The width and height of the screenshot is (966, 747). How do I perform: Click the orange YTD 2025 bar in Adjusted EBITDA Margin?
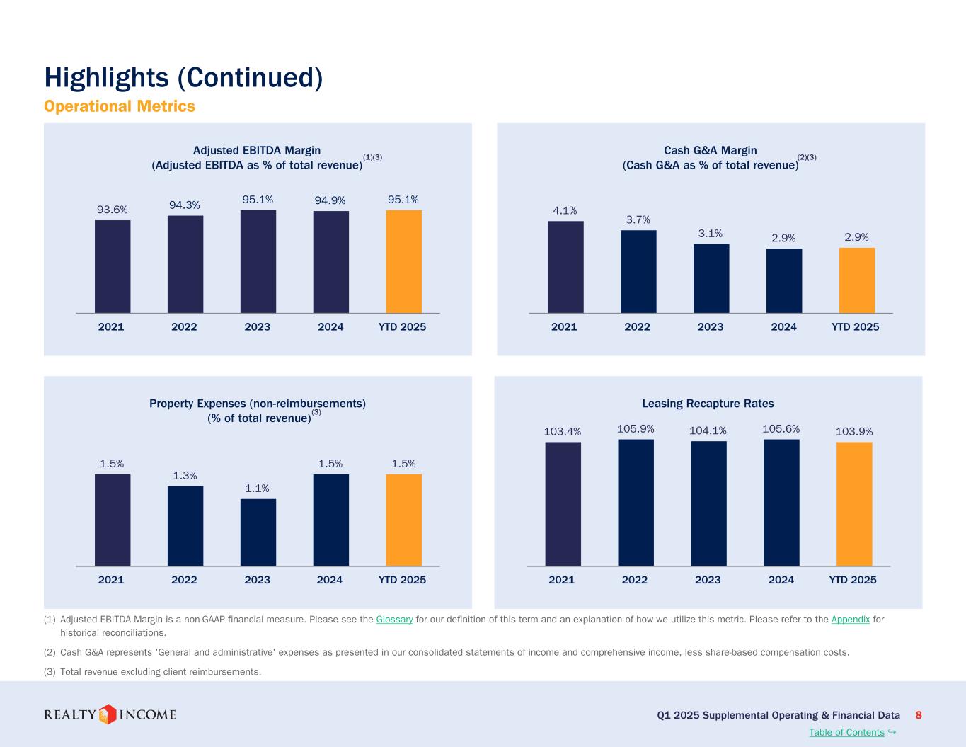(403, 261)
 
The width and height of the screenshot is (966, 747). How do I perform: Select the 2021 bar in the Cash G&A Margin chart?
(565, 267)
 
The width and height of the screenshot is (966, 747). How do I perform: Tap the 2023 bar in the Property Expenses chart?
(258, 532)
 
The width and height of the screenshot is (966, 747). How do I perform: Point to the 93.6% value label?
(113, 210)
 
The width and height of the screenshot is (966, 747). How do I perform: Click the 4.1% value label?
(565, 210)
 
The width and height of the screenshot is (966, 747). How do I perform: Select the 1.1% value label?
(258, 489)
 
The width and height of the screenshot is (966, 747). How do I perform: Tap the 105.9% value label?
(636, 429)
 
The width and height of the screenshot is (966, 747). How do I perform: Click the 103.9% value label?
(854, 431)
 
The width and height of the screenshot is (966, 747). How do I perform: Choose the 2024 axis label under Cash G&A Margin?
(783, 327)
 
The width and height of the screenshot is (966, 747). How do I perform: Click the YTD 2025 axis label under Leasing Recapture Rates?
(852, 580)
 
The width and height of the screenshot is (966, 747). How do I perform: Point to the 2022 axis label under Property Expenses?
(184, 580)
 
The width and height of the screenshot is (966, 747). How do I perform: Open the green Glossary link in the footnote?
(394, 620)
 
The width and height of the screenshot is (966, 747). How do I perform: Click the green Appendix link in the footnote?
(850, 620)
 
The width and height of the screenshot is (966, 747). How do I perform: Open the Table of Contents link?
(846, 732)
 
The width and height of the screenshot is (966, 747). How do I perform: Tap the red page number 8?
(919, 715)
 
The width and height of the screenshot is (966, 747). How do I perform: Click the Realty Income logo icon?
(107, 714)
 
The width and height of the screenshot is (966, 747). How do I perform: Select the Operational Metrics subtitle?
(119, 106)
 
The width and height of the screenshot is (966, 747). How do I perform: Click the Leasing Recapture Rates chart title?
(708, 404)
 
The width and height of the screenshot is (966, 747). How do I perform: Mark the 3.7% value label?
(638, 220)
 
